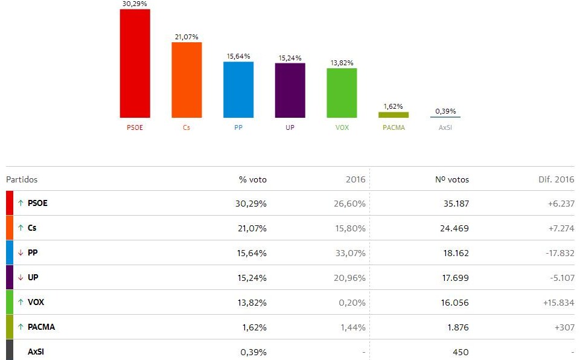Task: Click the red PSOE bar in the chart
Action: click(x=135, y=63)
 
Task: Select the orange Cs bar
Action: click(x=186, y=80)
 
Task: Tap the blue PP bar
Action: click(x=238, y=89)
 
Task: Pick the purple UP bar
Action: click(x=290, y=90)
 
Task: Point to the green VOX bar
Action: click(x=342, y=92)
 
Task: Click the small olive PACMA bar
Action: click(x=393, y=114)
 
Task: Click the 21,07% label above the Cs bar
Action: click(x=186, y=37)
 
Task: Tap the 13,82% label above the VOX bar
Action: click(x=342, y=63)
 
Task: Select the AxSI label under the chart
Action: click(x=445, y=127)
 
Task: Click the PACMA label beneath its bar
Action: click(x=393, y=127)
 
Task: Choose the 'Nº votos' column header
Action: click(x=452, y=179)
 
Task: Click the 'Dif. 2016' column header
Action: click(x=556, y=179)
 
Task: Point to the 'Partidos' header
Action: click(x=22, y=179)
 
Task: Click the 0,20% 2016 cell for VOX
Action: click(x=351, y=303)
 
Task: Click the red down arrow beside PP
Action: click(x=21, y=253)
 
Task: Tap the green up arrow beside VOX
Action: click(x=21, y=303)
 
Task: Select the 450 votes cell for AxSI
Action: click(x=460, y=352)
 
